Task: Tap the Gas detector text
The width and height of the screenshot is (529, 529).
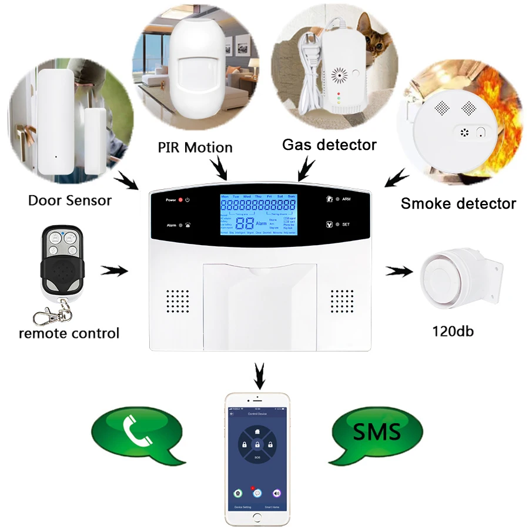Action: pyautogui.click(x=329, y=144)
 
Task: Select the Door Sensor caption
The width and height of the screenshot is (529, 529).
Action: pyautogui.click(x=69, y=200)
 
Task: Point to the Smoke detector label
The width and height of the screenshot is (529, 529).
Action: pyautogui.click(x=458, y=203)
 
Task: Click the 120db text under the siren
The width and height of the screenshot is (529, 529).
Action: pyautogui.click(x=453, y=331)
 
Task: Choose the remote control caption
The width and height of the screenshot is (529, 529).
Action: pyautogui.click(x=69, y=333)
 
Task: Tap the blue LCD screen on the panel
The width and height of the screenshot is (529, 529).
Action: pyautogui.click(x=257, y=215)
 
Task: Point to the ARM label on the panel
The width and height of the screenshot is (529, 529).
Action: pyautogui.click(x=347, y=199)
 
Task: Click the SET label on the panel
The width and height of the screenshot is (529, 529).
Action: pyautogui.click(x=346, y=225)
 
